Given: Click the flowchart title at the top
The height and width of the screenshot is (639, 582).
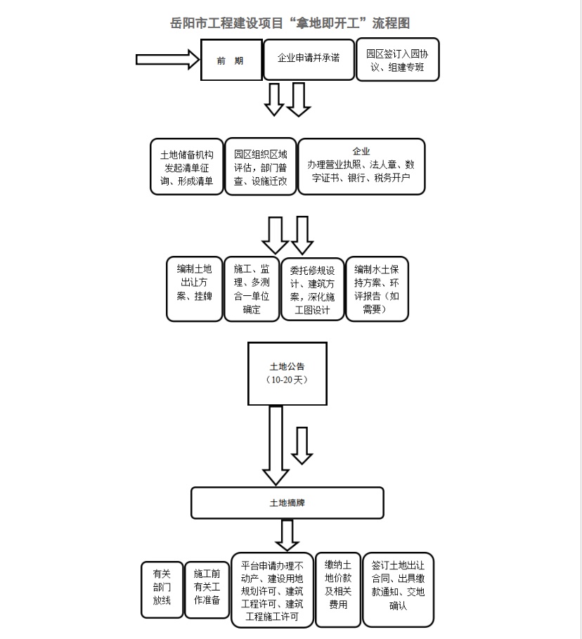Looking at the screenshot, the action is click(x=290, y=23).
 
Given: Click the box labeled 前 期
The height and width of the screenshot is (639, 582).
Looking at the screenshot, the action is click(x=231, y=60).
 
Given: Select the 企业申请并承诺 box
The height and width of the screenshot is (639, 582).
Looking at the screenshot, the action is click(x=309, y=60).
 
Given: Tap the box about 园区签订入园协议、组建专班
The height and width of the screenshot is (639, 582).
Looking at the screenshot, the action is click(x=397, y=60).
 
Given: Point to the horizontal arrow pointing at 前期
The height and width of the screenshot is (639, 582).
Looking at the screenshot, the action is click(x=167, y=60).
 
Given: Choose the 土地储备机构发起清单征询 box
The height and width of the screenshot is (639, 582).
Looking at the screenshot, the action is click(x=187, y=167).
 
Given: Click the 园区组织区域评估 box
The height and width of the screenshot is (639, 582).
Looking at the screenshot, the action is click(x=261, y=167).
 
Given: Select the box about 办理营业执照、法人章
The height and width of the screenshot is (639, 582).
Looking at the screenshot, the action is click(x=361, y=167).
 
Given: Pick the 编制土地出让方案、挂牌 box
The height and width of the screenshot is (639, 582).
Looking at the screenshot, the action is click(x=195, y=289).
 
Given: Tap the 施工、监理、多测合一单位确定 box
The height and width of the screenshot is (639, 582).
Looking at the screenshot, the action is click(x=252, y=289).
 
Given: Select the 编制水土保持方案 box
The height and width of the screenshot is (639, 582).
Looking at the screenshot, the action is click(x=377, y=289).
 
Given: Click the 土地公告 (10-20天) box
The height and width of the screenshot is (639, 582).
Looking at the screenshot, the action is click(x=287, y=374).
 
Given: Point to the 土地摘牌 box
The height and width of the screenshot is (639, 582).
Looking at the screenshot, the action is click(x=287, y=503).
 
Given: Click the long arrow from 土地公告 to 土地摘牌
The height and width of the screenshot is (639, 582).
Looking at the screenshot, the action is click(x=276, y=446).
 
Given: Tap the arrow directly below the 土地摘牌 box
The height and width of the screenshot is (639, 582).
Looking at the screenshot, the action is click(x=287, y=536).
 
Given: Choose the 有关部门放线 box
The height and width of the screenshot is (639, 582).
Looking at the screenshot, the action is click(x=162, y=590).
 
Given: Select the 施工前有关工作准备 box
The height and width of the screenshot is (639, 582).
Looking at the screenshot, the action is click(x=207, y=590).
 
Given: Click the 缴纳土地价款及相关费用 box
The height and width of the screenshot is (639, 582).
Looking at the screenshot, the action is click(x=338, y=590).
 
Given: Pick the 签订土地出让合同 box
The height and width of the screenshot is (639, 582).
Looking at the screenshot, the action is click(x=398, y=590).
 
